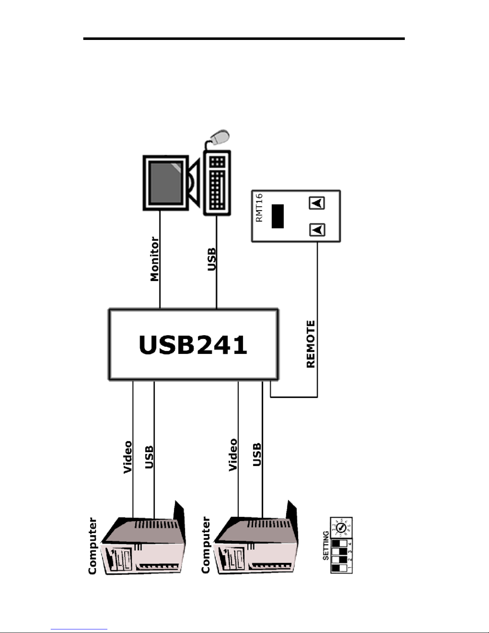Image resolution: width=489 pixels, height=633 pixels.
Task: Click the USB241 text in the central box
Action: click(x=193, y=345)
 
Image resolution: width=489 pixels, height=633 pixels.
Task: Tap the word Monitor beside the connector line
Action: click(x=154, y=259)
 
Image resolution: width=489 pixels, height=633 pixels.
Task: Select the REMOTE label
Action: click(x=311, y=344)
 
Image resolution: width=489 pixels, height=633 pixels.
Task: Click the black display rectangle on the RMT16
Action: click(x=277, y=216)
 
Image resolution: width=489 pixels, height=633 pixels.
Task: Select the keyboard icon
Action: click(x=217, y=183)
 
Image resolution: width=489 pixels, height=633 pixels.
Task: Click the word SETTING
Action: click(x=326, y=545)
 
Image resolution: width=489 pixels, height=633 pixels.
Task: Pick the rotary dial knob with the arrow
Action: click(x=341, y=528)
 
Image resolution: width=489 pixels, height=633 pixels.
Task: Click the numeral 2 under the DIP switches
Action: click(x=350, y=560)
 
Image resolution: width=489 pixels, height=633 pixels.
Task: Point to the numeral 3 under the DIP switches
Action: click(x=350, y=552)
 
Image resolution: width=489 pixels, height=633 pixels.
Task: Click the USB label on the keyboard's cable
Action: click(x=212, y=259)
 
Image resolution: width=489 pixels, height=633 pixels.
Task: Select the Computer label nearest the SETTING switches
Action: click(x=206, y=545)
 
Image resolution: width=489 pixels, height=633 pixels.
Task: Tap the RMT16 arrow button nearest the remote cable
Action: click(x=317, y=230)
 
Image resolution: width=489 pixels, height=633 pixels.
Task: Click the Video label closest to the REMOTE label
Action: click(x=233, y=455)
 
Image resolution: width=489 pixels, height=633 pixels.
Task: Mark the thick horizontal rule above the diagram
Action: click(x=244, y=39)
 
